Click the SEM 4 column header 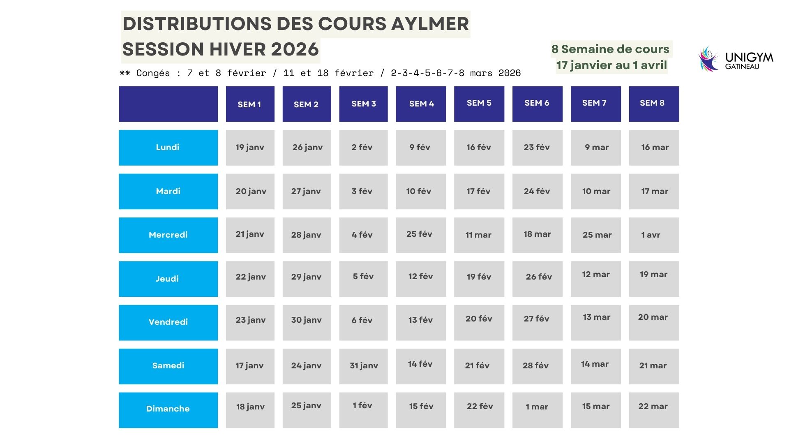click(x=421, y=104)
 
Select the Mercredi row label click(x=168, y=235)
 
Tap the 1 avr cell click(x=654, y=235)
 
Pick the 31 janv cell click(x=363, y=366)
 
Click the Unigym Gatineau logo click(x=736, y=59)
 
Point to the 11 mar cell click(x=479, y=235)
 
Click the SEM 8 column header click(x=654, y=104)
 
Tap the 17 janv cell click(x=250, y=366)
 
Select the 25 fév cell click(x=420, y=234)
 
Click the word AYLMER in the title click(x=429, y=24)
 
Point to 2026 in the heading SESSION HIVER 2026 click(x=295, y=50)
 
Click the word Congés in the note click(x=153, y=73)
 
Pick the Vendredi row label click(x=168, y=322)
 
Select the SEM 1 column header click(x=250, y=104)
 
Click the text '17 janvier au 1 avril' click(x=611, y=65)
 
